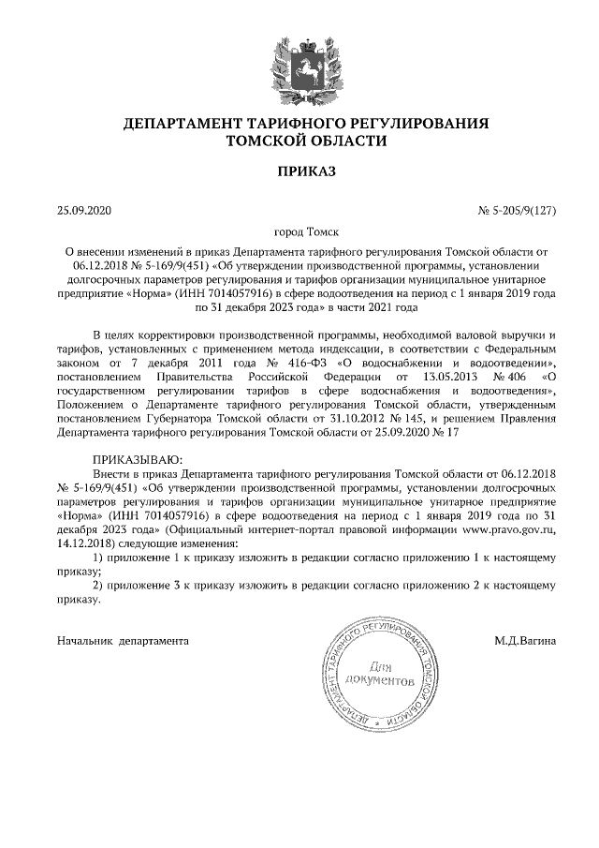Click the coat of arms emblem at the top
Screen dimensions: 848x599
299,65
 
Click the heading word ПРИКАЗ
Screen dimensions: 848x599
299,171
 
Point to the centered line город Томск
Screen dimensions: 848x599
299,231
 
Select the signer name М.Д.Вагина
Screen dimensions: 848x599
526,641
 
